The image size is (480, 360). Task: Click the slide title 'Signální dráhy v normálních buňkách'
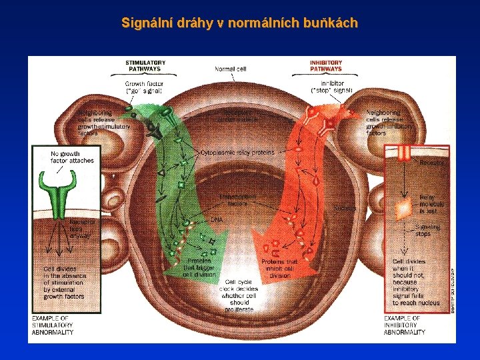(x=239, y=23)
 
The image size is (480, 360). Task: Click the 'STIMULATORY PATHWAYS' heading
(x=145, y=65)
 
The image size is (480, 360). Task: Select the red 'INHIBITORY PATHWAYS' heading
(x=325, y=65)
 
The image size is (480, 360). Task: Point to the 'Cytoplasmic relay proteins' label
(x=237, y=152)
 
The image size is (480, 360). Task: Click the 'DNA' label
(x=217, y=219)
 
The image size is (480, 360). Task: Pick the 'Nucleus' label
(x=346, y=208)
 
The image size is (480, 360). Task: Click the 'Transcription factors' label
(x=235, y=201)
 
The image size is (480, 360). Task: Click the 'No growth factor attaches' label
(x=73, y=157)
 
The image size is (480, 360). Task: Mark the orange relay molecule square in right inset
(x=403, y=209)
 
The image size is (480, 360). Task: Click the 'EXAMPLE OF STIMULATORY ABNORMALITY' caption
(x=53, y=325)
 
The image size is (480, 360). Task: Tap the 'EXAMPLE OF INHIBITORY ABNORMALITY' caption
(x=404, y=325)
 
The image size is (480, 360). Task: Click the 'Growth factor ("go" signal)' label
(x=144, y=88)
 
